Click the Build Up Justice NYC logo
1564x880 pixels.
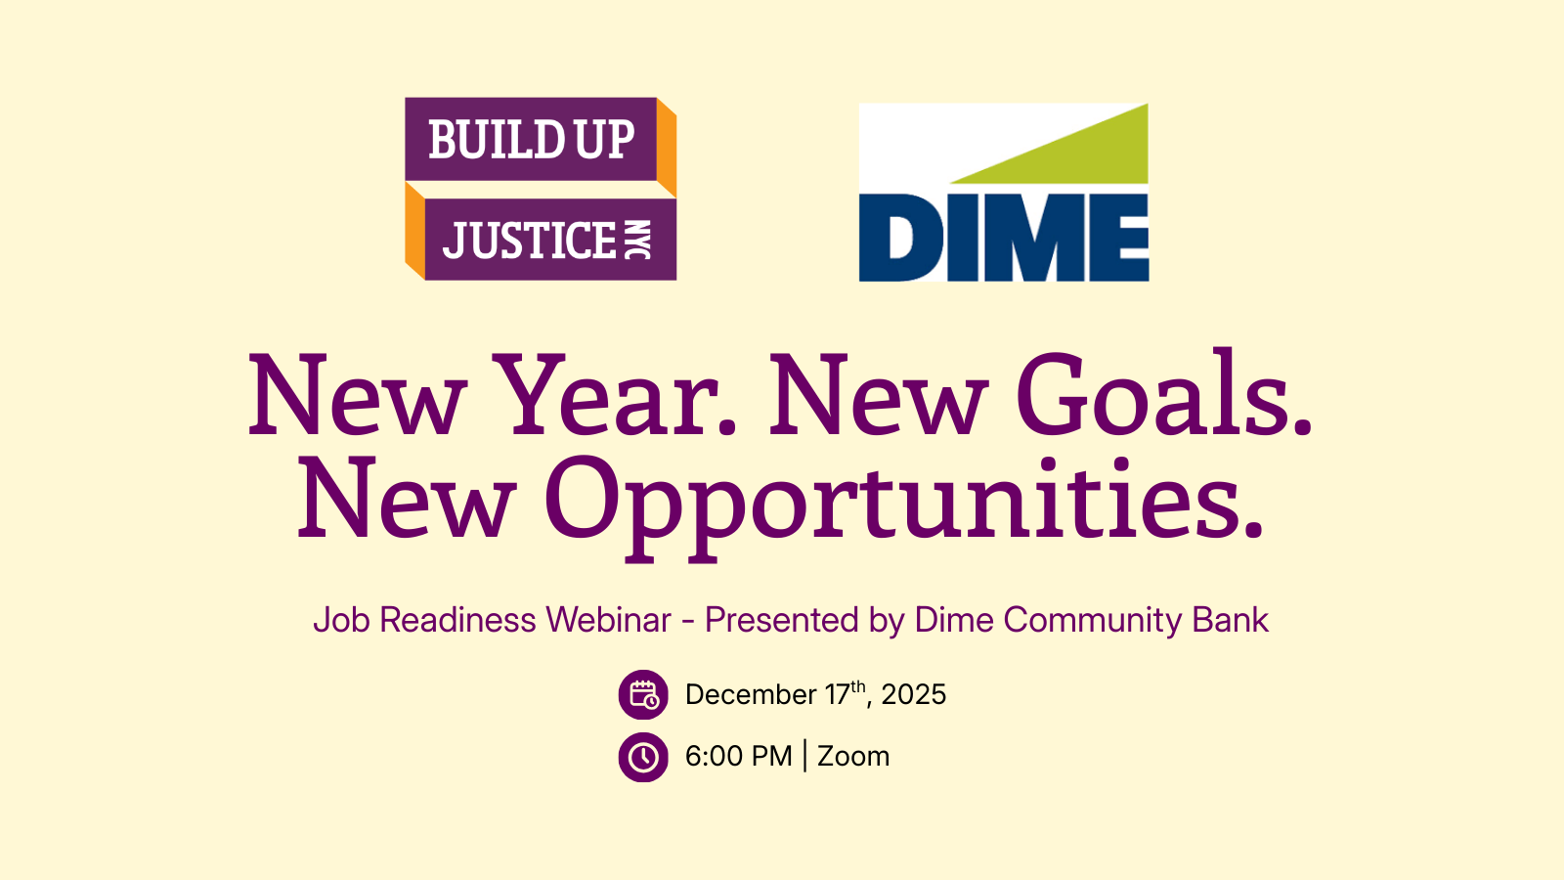[x=541, y=189]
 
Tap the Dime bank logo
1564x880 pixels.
[x=1003, y=193]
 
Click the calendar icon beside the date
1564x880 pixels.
[x=643, y=695]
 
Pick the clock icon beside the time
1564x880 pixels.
[x=643, y=757]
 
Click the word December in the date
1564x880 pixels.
[x=751, y=695]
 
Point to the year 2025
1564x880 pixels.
[x=913, y=695]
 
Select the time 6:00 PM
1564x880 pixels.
[x=739, y=757]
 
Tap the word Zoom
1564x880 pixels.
[x=853, y=757]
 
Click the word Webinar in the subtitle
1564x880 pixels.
[x=608, y=620]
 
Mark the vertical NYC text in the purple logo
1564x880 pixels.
[x=636, y=241]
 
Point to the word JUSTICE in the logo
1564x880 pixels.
[x=530, y=241]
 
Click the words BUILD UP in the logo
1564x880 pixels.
[x=532, y=140]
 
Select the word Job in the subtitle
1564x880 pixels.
[x=341, y=620]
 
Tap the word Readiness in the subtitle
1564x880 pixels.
[x=457, y=620]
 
